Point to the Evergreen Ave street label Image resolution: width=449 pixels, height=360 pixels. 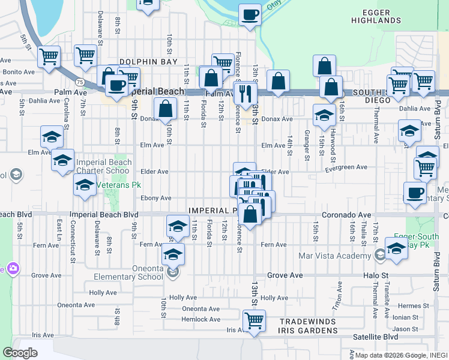click(x=346, y=168)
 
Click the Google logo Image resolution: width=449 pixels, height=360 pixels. click(x=20, y=353)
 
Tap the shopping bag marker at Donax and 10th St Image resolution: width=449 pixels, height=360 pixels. click(x=165, y=109)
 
